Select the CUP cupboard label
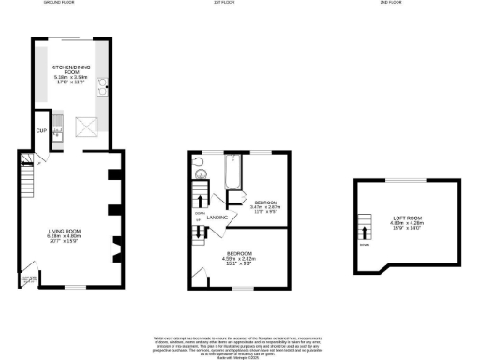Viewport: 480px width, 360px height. [x=40, y=130]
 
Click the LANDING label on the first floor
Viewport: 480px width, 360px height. [x=219, y=217]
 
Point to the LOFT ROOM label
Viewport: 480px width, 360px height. [x=406, y=223]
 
